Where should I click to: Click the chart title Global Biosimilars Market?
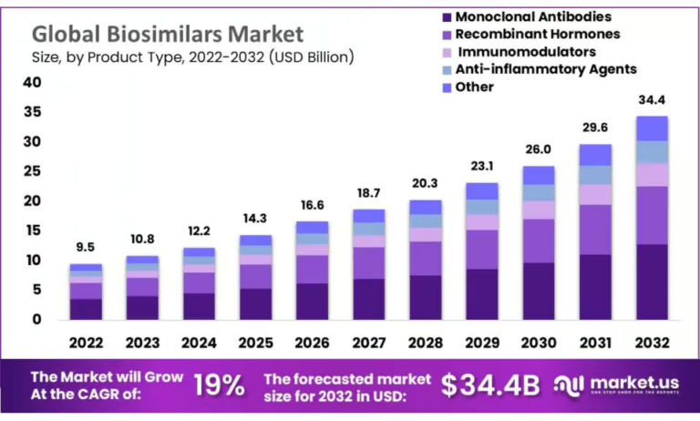[x=168, y=34]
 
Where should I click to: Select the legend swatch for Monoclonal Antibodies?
[x=445, y=16]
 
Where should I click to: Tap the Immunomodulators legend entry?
[x=526, y=52]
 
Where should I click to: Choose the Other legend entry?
[x=475, y=87]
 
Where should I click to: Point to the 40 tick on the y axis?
[x=32, y=83]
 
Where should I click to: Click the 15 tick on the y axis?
[x=32, y=231]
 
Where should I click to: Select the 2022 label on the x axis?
[x=87, y=343]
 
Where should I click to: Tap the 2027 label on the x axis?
[x=369, y=343]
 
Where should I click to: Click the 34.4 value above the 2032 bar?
[x=652, y=98]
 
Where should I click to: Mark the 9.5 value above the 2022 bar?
[x=87, y=246]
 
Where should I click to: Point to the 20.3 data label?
[x=426, y=181]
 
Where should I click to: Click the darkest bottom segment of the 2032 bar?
[x=652, y=282]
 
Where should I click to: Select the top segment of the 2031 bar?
[x=595, y=154]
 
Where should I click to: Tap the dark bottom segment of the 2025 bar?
[x=256, y=303]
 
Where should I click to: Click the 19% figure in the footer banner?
[x=219, y=385]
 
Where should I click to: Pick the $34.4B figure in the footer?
[x=491, y=385]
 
